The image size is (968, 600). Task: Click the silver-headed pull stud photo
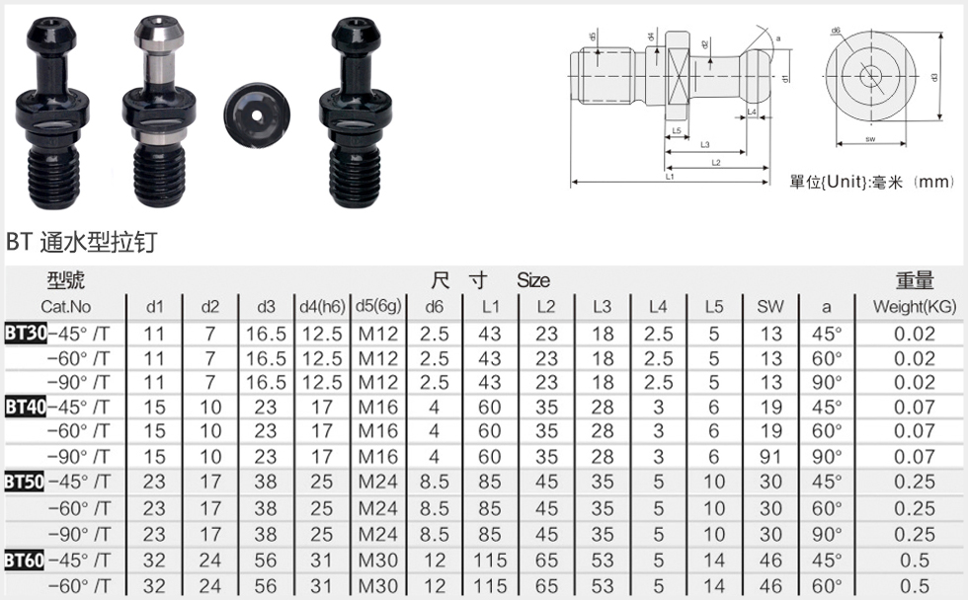[x=159, y=111]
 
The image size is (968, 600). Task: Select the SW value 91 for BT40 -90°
[x=770, y=457]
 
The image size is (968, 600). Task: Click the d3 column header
[x=266, y=307]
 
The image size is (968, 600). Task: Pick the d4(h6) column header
[x=322, y=307]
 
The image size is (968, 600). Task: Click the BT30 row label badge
[x=26, y=333]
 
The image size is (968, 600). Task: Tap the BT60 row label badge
[x=25, y=560]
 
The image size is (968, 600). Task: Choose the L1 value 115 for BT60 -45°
[x=490, y=560]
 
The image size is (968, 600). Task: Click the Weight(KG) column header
[x=915, y=307]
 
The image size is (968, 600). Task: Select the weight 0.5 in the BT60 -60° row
[x=915, y=586]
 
